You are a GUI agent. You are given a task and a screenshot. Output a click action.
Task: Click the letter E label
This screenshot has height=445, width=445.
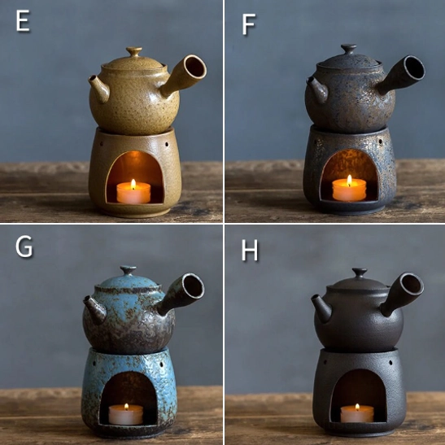[x=23, y=22]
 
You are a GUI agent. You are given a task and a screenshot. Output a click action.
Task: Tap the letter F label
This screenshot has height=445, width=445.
[x=248, y=25]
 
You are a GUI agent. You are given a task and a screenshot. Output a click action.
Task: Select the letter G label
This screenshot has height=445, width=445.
[x=24, y=246]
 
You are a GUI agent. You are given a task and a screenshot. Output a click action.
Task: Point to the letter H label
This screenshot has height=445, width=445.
[x=250, y=250]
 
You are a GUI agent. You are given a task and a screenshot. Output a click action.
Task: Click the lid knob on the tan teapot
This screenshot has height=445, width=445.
[x=133, y=52]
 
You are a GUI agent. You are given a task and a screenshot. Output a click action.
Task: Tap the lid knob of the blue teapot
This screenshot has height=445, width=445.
[x=129, y=270]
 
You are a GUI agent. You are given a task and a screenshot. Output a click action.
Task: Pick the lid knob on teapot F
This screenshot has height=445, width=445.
[x=348, y=49]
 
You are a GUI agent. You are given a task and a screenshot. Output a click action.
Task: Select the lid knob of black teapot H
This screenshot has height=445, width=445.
[x=359, y=273]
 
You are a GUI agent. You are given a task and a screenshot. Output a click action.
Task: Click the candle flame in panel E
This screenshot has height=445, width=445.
[x=133, y=184]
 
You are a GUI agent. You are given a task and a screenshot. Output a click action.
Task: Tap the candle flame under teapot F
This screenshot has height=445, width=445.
[x=349, y=181]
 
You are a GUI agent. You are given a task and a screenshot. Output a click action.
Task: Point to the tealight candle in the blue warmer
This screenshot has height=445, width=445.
[x=125, y=413]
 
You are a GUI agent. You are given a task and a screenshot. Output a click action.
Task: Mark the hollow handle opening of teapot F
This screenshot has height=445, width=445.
[x=412, y=68]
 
